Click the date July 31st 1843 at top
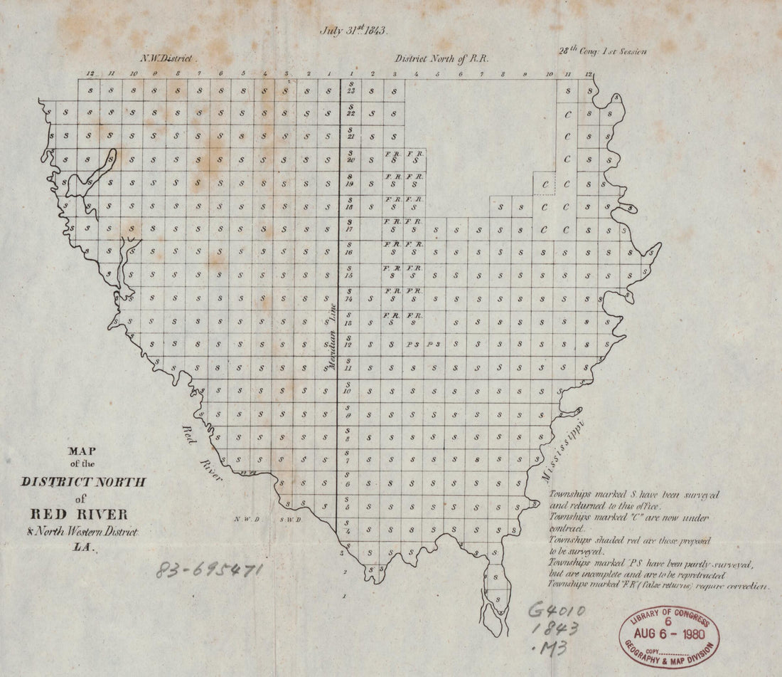click(353, 31)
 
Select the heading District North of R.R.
click(442, 59)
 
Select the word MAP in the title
click(83, 451)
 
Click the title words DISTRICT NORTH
click(84, 482)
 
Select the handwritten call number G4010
click(556, 610)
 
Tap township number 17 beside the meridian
click(350, 229)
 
